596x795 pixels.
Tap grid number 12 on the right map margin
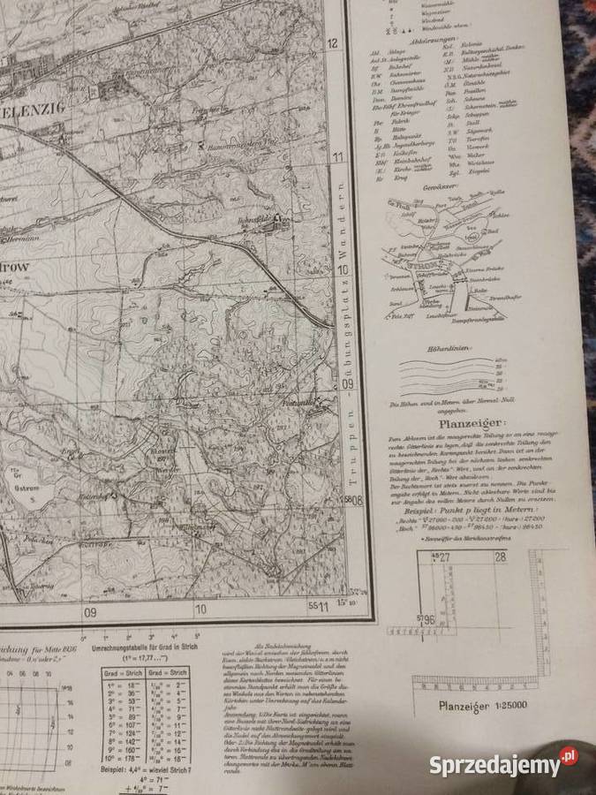coord(334,43)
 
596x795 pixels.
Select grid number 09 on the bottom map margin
coord(89,609)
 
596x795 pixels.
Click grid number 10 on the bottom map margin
coord(200,609)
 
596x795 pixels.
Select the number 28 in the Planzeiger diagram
coord(501,556)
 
